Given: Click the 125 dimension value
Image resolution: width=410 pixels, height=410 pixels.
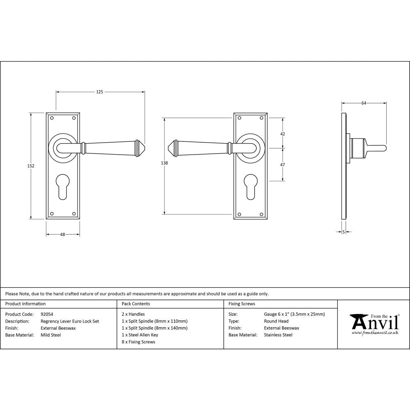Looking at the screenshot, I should coord(100,92).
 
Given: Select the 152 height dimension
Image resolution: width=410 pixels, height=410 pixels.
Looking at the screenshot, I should coord(31,166).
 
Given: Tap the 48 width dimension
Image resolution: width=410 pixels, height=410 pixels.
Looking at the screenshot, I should coord(63,235).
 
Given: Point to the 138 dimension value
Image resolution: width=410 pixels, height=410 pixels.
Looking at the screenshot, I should coord(164,163).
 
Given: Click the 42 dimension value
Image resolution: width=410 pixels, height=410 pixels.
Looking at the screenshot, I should coord(282,134).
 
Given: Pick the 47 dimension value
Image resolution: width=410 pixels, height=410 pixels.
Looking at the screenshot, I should coord(282,164).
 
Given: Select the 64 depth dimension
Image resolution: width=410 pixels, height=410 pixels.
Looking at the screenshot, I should coord(364,103).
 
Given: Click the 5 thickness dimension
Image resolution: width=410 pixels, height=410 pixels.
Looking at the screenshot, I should coord(343,232).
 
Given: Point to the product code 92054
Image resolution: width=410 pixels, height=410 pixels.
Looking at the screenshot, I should coord(47,314).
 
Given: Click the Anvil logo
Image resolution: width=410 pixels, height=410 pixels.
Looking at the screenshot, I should coord(374,322).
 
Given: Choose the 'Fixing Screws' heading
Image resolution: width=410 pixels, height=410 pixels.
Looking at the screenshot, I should coord(241,304).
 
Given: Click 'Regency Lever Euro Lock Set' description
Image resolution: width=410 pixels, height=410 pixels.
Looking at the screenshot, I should coord(70,321).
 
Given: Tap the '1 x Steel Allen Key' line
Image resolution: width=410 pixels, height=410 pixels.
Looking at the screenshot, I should coord(140,335).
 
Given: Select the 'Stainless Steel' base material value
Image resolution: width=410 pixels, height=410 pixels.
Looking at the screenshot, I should coord(278,335).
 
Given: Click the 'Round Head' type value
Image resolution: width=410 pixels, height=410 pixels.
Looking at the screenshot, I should coord(276,321).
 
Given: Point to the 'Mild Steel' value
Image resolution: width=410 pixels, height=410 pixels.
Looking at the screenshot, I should coord(51,335).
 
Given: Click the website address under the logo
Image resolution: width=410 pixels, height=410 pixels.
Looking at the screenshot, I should coord(375,333).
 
